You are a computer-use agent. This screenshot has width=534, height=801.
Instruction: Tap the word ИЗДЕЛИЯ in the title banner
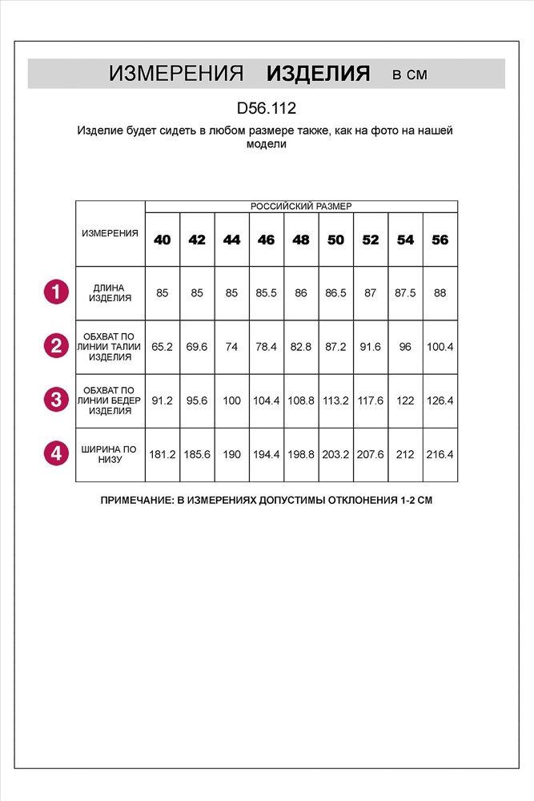coord(318,74)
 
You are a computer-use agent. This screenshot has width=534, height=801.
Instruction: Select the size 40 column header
coord(163,239)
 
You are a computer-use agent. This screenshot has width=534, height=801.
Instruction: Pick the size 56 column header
coord(440,239)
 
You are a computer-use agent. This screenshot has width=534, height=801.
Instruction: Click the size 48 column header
coord(301,239)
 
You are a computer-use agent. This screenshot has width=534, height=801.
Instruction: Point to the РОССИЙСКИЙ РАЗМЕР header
coord(301,206)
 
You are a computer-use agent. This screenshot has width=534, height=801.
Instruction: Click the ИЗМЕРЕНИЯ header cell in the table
coord(110,233)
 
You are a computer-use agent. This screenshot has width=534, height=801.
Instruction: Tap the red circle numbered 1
coord(56,292)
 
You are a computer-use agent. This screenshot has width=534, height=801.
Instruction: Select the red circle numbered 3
coord(56,400)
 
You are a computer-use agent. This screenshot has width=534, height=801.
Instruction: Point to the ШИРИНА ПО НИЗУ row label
coord(110,454)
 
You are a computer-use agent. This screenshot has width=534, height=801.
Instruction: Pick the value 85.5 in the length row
coord(267,293)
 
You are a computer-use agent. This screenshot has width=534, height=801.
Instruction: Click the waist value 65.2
coord(163,347)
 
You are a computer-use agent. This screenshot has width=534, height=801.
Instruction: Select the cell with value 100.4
coord(440,347)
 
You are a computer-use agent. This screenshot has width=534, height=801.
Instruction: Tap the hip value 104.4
coord(267,400)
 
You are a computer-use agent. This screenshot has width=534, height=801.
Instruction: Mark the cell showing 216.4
coord(440,454)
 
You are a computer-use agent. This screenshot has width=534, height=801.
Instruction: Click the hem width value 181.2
coord(163,454)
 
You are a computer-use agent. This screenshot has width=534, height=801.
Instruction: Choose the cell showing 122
coord(405,400)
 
